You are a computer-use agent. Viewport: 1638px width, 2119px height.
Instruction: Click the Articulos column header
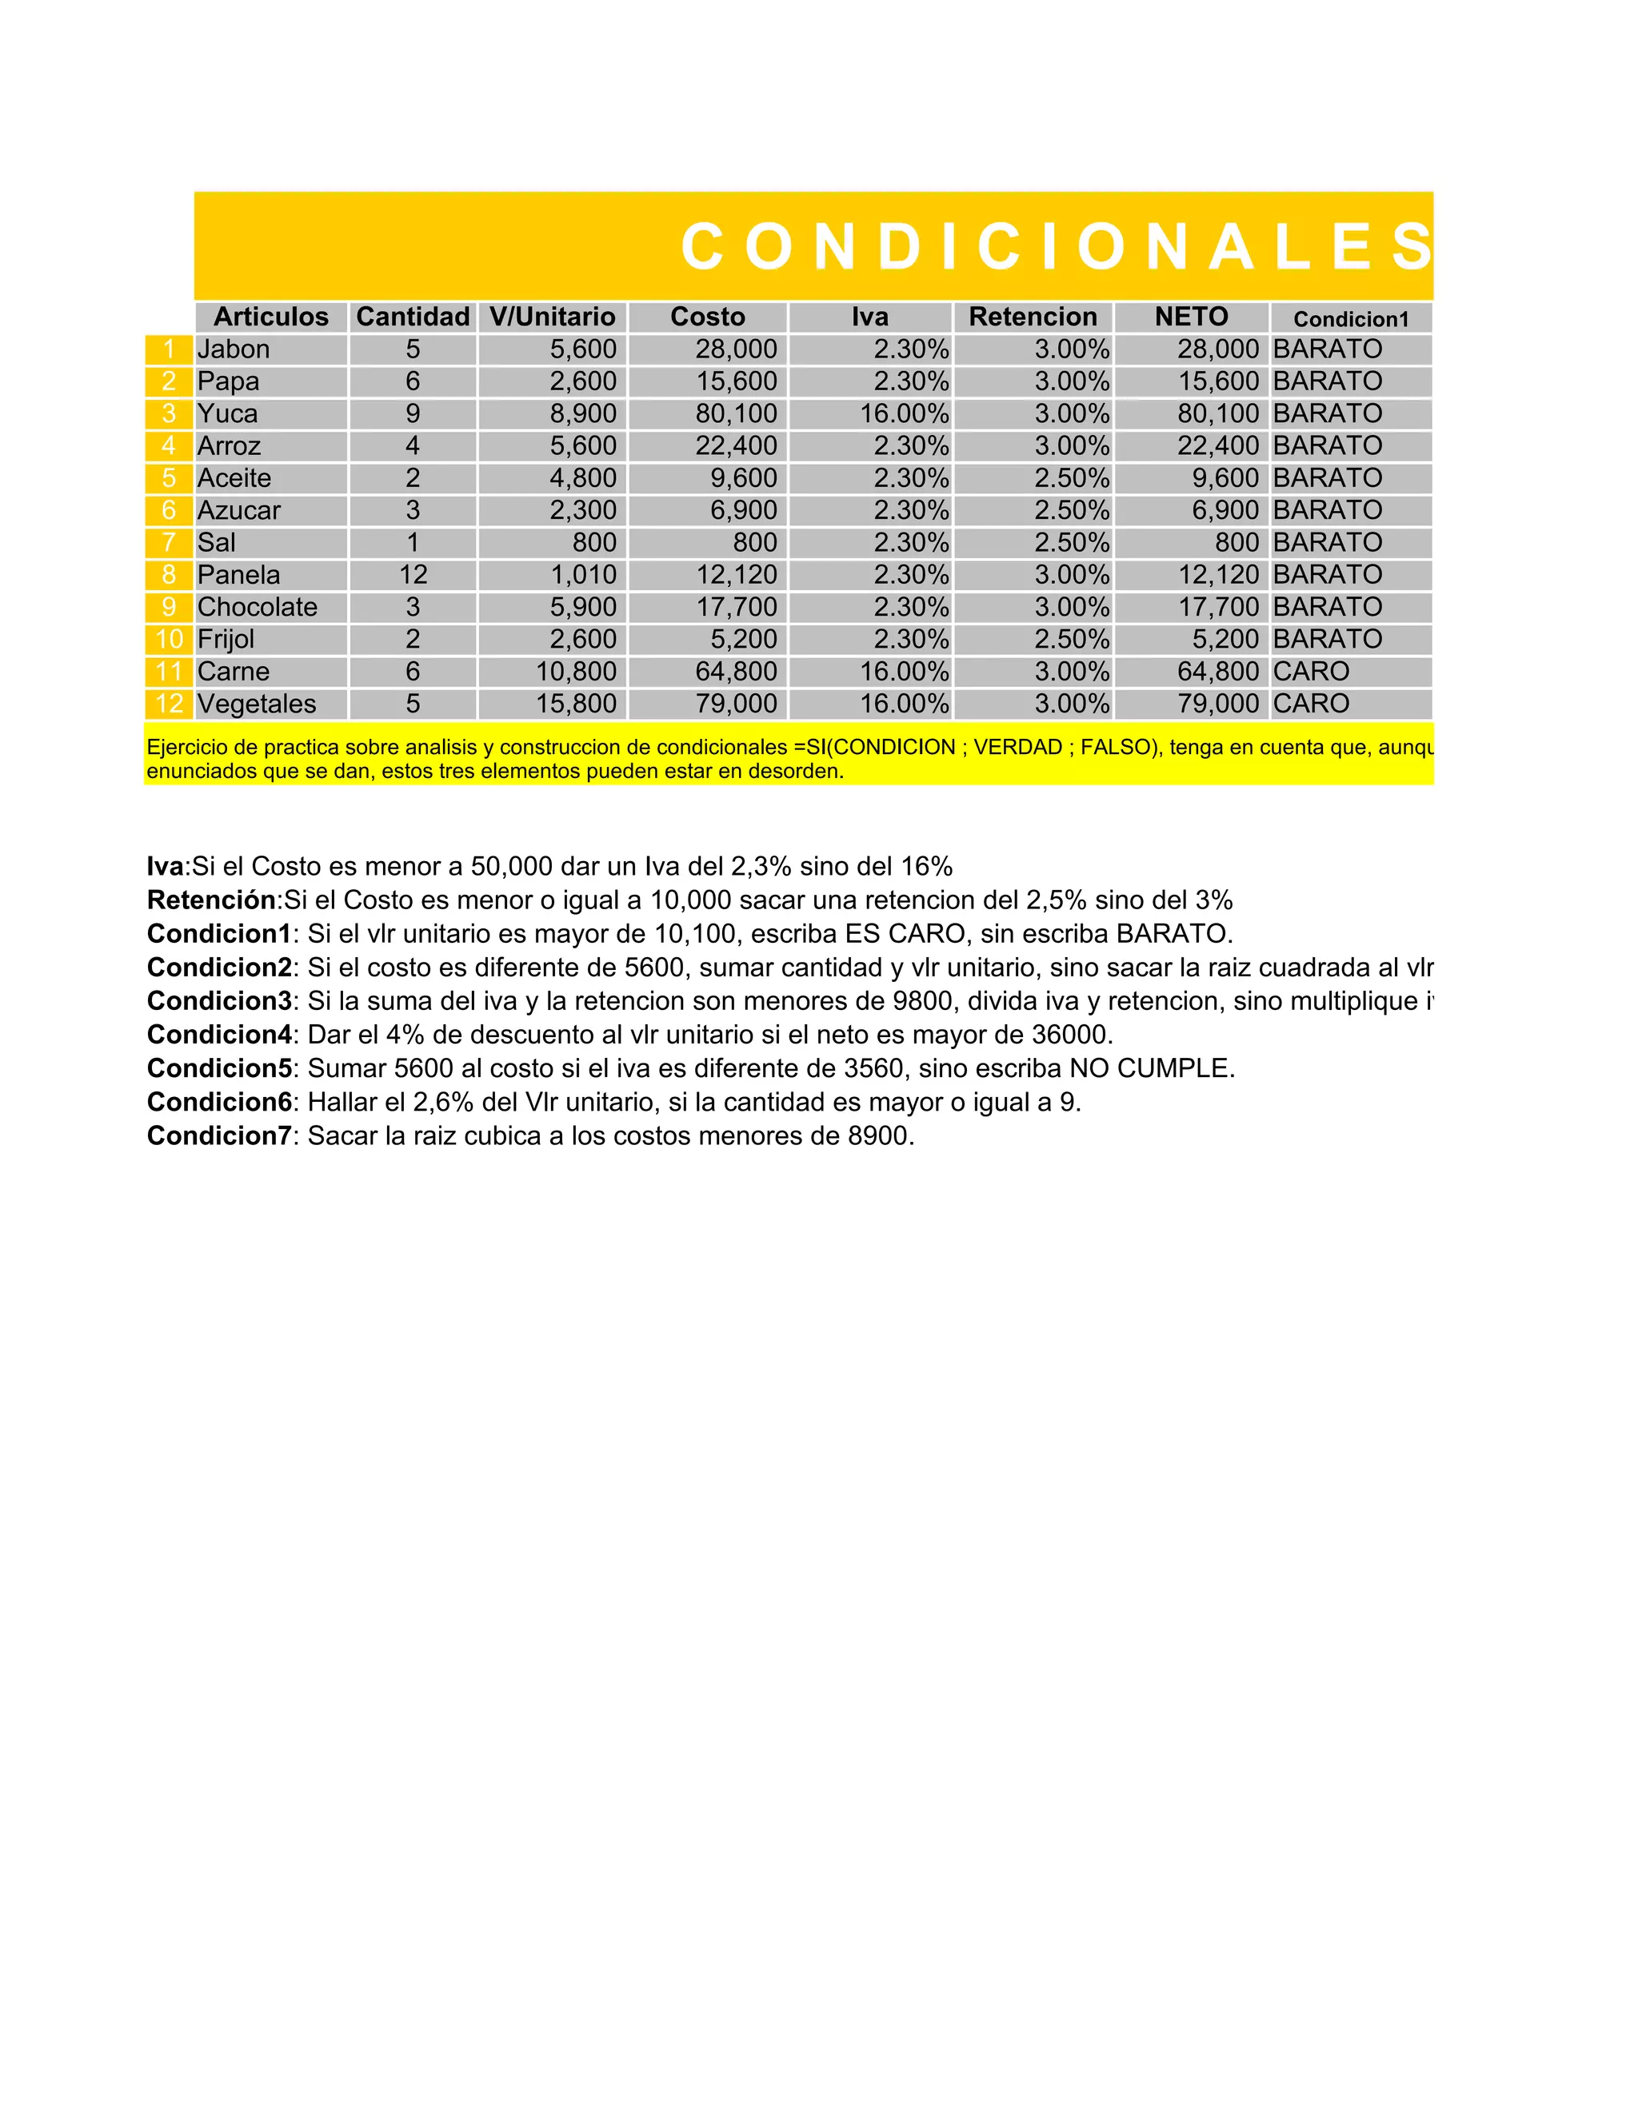pos(271,317)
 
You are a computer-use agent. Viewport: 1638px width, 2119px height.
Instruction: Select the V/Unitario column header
pos(552,317)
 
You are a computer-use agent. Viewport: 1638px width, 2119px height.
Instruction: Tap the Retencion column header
pos(1033,317)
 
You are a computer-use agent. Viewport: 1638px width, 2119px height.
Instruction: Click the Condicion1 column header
pos(1351,319)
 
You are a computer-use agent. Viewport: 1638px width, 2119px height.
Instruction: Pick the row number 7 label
pos(169,542)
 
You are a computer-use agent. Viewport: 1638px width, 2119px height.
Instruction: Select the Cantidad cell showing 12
pos(413,574)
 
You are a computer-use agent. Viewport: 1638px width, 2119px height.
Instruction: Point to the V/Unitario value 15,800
pos(577,704)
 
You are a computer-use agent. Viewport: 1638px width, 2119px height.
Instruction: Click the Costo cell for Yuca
pos(736,413)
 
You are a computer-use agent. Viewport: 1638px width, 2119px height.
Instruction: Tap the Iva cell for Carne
pos(904,672)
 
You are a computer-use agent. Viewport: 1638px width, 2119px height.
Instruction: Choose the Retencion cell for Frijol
pos(1071,640)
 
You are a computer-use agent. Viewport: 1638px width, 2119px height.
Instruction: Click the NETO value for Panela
pos(1218,574)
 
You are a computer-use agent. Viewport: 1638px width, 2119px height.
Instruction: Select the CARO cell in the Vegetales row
pos(1311,704)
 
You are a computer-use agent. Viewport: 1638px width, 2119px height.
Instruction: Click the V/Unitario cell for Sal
pos(594,542)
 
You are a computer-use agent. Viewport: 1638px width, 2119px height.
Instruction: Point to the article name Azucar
pos(238,510)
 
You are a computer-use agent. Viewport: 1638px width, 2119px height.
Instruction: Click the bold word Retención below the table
pos(211,900)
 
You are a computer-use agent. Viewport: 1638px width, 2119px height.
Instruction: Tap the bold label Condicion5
pos(219,1068)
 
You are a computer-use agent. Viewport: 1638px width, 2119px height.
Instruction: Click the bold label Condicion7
pos(219,1135)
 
